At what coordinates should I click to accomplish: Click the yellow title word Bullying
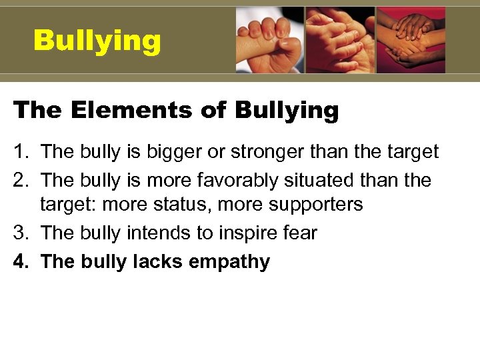point(97,41)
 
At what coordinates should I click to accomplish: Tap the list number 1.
point(18,152)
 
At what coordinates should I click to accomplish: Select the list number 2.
point(18,180)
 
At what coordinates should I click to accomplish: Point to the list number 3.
point(18,233)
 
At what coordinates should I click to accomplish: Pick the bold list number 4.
point(18,261)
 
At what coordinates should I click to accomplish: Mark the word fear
point(300,233)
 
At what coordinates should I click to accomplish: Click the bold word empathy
point(229,262)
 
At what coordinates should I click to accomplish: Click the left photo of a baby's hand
point(270,40)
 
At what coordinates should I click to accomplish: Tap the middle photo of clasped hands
point(341,40)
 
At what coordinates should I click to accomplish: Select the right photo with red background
point(411,40)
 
